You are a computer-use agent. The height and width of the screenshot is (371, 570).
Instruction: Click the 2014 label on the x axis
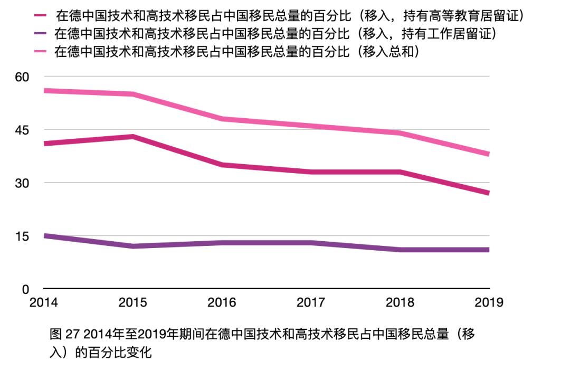click(43, 303)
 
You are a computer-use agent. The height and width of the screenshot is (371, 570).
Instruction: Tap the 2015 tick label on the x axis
click(132, 303)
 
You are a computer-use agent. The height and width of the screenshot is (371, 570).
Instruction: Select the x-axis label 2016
click(222, 303)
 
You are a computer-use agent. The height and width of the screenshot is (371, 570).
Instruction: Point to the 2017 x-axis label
click(311, 303)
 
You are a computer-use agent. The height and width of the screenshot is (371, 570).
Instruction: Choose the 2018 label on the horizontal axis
click(400, 303)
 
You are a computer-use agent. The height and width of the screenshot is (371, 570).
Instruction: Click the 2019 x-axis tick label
click(489, 303)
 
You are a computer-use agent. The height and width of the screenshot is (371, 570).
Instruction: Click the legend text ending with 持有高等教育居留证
click(289, 16)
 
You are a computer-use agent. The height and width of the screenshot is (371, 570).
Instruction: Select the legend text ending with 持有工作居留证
click(277, 34)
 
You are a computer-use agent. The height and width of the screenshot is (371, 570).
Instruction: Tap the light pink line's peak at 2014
click(44, 91)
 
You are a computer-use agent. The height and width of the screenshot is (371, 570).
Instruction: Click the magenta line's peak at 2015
click(133, 137)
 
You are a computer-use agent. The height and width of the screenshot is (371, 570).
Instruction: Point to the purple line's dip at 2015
click(133, 246)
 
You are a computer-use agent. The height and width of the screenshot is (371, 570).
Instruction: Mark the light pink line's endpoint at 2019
click(488, 154)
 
